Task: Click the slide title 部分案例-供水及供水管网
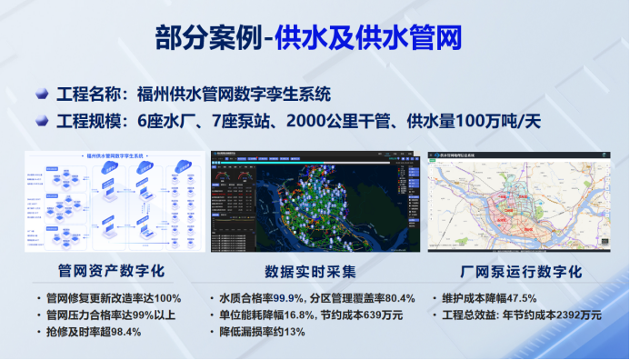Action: click(315, 38)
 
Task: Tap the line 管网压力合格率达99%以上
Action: click(111, 315)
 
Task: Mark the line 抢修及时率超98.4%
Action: click(94, 332)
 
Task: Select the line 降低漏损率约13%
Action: click(265, 332)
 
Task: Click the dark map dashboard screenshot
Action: click(315, 200)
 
